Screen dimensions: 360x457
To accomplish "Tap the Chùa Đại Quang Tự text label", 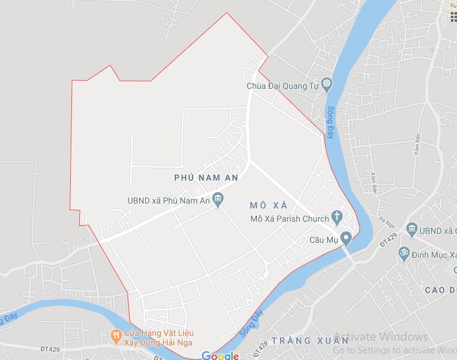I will pos(282,86).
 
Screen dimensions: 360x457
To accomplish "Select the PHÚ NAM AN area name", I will pos(206,178).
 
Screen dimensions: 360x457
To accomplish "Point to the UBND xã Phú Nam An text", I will pos(168,201).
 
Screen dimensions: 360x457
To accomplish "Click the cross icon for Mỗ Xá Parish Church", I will pos(337,217).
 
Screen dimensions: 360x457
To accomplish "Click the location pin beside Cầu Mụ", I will pos(346,238).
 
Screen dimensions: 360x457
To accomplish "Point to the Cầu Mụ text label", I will pos(323,240).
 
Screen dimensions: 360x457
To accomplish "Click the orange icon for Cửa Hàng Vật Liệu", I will pos(114,335).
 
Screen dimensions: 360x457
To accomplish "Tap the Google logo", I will pos(221,355).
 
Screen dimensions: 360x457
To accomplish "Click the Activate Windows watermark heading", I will pos(380,337).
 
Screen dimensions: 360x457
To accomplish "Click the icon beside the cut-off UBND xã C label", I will pos(412,228).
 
